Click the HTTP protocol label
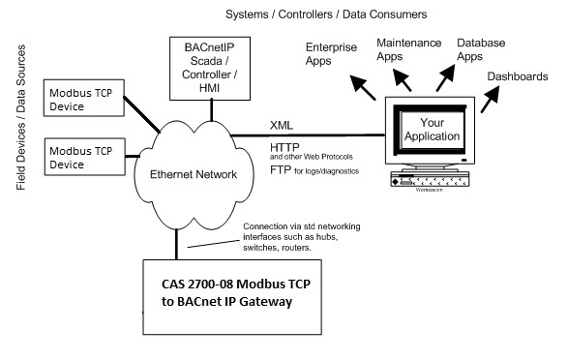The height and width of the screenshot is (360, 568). coord(285,146)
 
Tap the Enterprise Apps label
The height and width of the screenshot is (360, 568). coord(332,53)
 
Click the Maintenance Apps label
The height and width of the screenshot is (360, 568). coord(409,50)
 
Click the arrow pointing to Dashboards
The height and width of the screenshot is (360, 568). coord(490,98)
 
